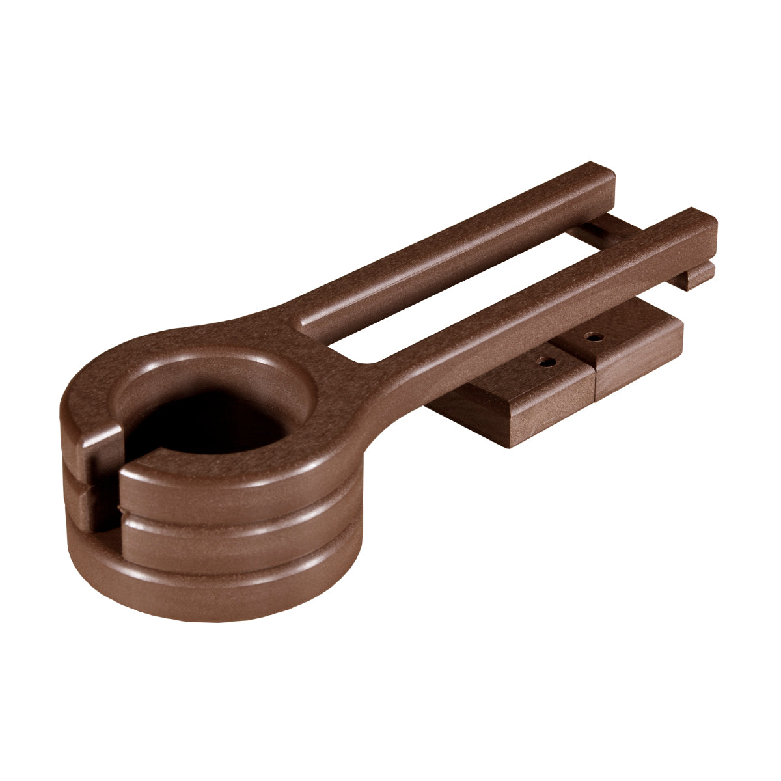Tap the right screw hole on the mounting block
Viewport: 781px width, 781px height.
pos(593,337)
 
